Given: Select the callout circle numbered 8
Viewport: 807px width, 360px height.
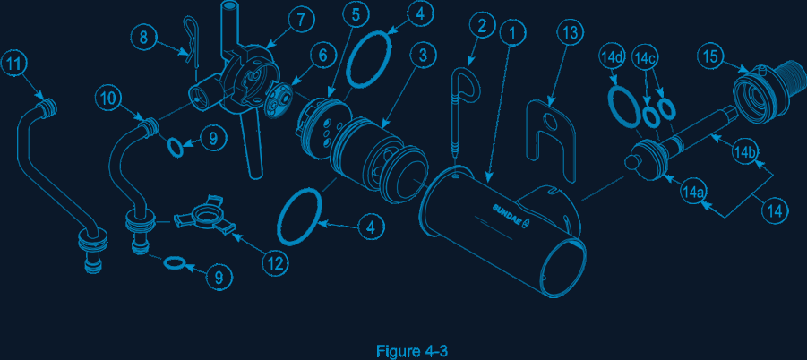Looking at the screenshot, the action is point(144,37).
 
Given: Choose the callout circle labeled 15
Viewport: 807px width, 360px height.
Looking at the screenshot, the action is point(711,56).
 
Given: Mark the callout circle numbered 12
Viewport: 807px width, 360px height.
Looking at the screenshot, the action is point(275,262).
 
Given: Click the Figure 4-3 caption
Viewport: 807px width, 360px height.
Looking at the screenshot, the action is point(412,352).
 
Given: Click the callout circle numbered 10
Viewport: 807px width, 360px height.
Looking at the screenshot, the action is point(108,99).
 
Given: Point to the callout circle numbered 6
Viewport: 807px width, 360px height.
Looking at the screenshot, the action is point(322,56).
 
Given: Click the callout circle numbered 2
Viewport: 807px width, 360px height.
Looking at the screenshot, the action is point(482,26).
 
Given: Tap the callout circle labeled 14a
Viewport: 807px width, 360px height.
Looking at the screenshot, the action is point(692,192).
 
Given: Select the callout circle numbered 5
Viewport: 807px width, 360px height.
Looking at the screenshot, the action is point(356,15).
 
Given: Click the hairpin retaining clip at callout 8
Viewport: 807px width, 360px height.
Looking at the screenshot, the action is point(192,44).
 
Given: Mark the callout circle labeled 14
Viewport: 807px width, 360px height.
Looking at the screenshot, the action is point(775,210).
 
